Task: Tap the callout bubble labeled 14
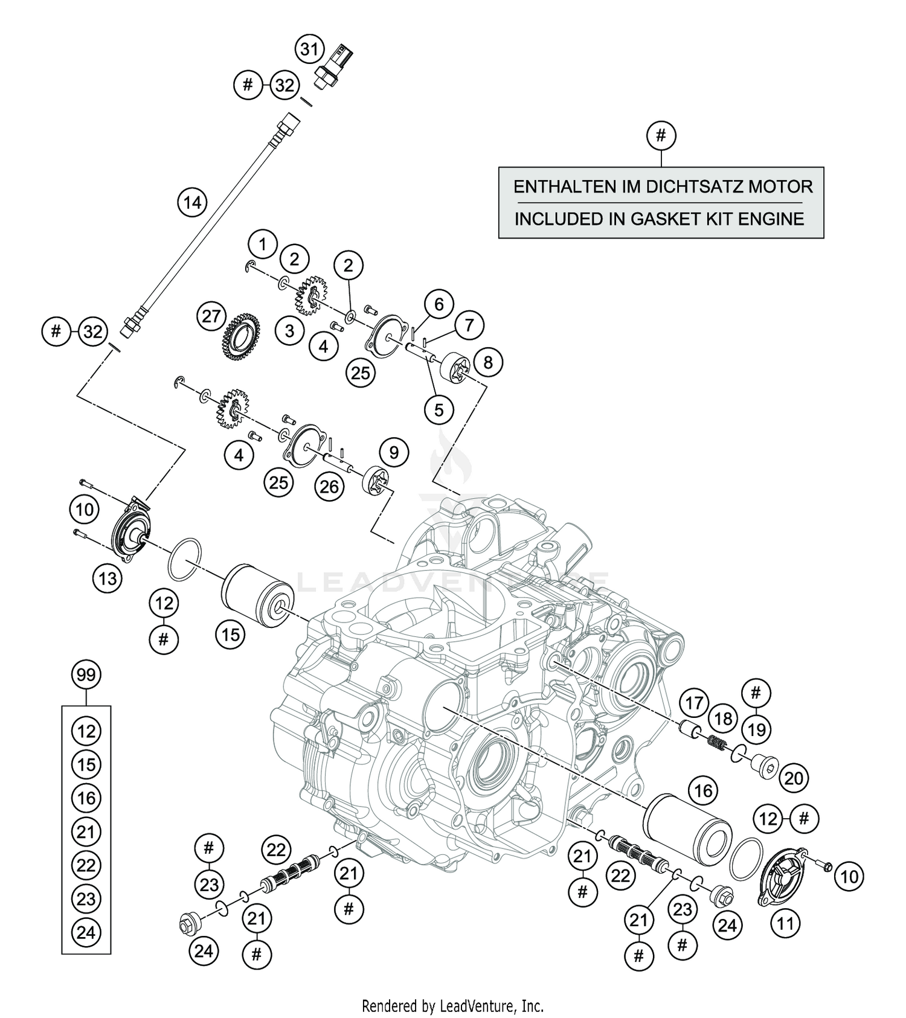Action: (192, 202)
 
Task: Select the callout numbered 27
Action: (211, 317)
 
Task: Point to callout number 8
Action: (488, 362)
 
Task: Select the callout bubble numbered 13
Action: (108, 579)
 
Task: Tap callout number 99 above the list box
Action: (86, 674)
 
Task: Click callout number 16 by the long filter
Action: (704, 790)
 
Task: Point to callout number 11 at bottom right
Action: (785, 924)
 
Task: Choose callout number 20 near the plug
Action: (794, 778)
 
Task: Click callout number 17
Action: (694, 703)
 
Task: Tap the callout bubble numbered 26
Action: (329, 486)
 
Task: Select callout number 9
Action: (394, 452)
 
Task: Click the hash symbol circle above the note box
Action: (661, 135)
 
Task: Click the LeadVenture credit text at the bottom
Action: (452, 1007)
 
